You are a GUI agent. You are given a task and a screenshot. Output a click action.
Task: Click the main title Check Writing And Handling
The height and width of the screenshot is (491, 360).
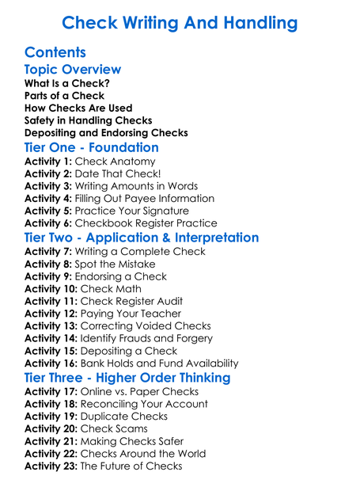(180, 23)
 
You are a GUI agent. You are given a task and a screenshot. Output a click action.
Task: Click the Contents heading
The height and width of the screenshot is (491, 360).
(55, 53)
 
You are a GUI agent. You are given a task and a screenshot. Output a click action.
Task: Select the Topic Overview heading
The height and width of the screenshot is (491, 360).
(73, 70)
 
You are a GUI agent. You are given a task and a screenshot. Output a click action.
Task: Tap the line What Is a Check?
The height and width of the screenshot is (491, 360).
(67, 83)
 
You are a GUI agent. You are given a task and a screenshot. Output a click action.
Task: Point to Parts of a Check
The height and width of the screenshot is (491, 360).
(64, 96)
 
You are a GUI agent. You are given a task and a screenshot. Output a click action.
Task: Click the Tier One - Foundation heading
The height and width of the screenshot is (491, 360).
(91, 148)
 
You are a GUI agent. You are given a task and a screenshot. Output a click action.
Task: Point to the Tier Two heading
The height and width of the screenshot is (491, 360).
(142, 238)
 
